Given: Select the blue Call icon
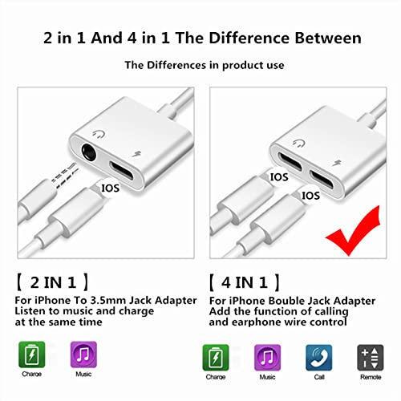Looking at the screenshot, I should [x=315, y=355].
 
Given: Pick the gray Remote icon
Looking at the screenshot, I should [x=370, y=355].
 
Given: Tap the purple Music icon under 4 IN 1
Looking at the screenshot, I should [x=266, y=355].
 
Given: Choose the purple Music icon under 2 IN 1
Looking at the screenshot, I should [x=83, y=355].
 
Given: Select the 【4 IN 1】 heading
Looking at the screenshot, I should [x=244, y=282].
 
